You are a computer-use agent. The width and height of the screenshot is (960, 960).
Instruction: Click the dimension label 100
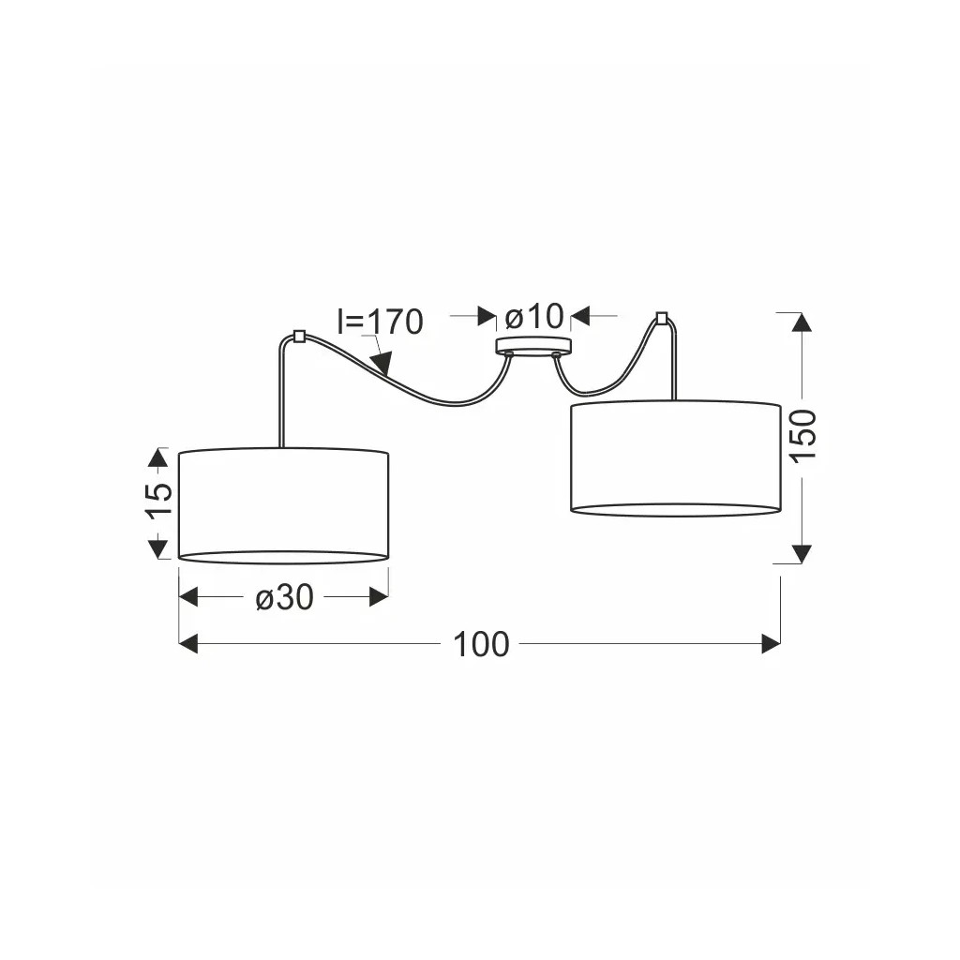[x=481, y=645]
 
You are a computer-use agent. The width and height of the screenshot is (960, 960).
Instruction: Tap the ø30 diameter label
[x=284, y=597]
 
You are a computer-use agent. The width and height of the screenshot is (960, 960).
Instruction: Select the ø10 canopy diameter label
[x=533, y=317]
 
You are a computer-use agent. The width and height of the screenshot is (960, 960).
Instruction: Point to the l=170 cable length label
[x=381, y=322]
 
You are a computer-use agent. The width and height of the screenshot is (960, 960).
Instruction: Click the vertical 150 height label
[x=802, y=436]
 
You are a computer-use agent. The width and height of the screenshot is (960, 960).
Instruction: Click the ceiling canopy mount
[x=532, y=347]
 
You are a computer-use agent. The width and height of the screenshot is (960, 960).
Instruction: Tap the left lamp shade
[x=283, y=505]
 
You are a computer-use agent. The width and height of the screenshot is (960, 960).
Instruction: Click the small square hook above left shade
[x=299, y=337]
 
